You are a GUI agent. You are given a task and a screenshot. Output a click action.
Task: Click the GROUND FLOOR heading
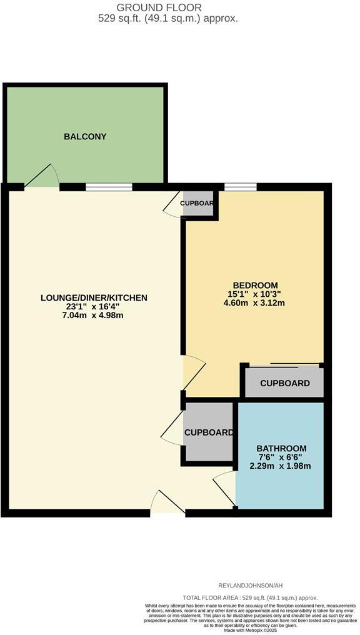[168, 7]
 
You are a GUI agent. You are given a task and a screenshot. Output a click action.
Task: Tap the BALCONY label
[85, 137]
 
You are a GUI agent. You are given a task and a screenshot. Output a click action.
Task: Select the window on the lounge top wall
[109, 186]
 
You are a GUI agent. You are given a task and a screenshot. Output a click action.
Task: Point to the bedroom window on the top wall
[241, 186]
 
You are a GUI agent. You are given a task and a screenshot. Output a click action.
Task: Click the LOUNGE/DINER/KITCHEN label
[94, 297]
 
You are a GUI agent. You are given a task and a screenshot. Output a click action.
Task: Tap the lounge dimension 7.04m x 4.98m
[94, 315]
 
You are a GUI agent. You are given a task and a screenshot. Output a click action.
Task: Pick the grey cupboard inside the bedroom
[284, 383]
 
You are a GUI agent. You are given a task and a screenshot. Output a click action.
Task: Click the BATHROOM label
[281, 448]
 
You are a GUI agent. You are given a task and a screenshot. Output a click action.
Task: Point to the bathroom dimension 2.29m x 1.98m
[281, 466]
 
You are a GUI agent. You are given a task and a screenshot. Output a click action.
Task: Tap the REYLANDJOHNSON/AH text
[250, 585]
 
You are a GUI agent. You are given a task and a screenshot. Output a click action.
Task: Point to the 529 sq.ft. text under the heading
[168, 19]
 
